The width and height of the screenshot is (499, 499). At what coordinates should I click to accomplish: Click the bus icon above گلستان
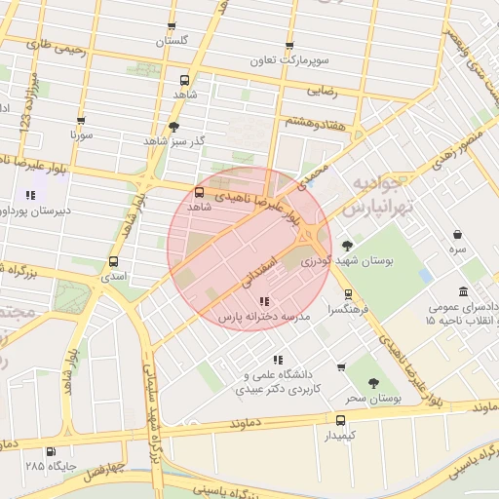[x=173, y=26]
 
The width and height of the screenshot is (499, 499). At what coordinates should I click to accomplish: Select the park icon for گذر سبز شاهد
[x=174, y=127]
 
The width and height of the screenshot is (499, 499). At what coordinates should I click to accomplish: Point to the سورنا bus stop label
[x=81, y=134]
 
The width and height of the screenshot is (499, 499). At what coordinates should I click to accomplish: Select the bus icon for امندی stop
[x=114, y=261]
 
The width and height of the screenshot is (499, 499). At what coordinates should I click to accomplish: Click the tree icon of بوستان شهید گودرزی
[x=348, y=246]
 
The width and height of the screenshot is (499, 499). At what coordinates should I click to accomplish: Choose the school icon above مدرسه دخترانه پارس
[x=265, y=301]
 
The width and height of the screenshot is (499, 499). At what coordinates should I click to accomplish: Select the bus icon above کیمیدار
[x=339, y=420]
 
